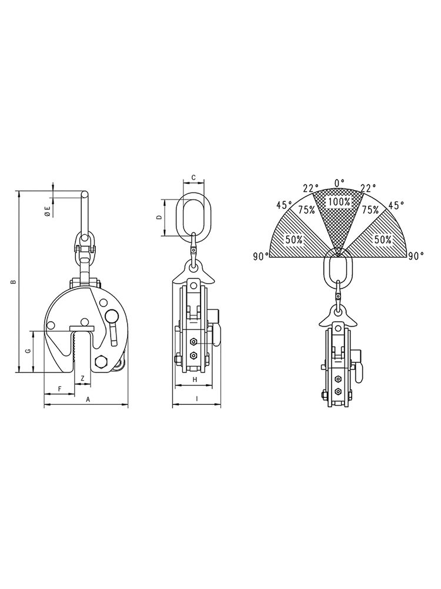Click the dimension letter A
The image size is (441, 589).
(x=88, y=400)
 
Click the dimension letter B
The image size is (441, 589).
(x=13, y=282)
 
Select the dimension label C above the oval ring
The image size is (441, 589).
(x=193, y=177)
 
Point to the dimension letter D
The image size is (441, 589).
(x=159, y=218)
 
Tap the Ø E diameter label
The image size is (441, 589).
(x=47, y=211)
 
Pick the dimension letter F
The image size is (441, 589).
(x=59, y=389)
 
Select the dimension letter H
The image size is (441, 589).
(x=195, y=380)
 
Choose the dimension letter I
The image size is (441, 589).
(x=196, y=400)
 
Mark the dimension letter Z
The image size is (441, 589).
(x=83, y=378)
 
